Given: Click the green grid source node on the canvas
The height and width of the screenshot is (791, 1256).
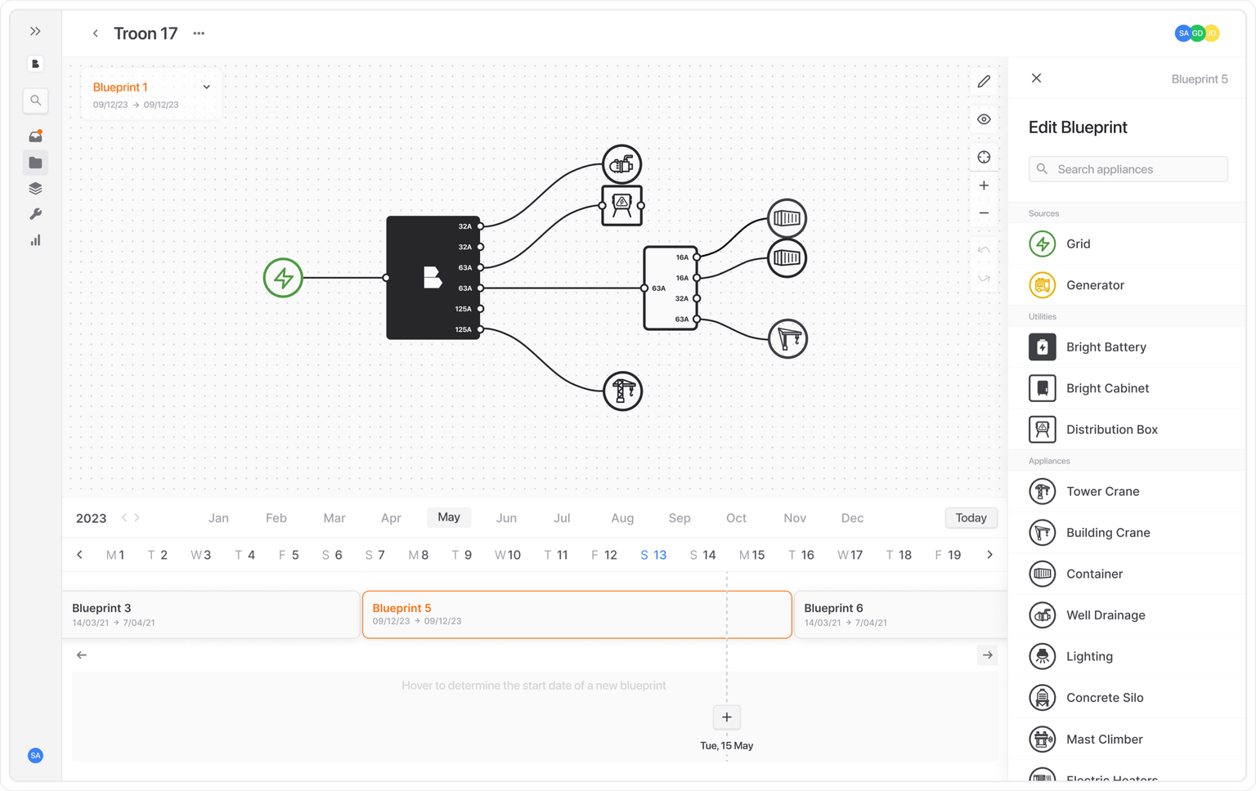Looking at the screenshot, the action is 283,278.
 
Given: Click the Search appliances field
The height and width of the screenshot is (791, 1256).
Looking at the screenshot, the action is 1128,169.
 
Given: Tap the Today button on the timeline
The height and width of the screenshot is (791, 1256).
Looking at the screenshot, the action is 971,517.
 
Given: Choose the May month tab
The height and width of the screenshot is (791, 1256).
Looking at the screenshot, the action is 449,517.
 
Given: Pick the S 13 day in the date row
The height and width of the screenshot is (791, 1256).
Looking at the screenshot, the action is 653,555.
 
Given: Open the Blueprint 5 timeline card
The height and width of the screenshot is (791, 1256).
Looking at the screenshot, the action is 577,614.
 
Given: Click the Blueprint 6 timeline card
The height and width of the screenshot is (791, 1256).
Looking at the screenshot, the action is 901,614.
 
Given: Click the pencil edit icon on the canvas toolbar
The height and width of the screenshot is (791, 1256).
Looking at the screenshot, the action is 984,82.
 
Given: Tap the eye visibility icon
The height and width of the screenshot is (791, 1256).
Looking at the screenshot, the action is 984,119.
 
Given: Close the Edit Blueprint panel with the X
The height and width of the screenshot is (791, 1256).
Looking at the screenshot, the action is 1036,78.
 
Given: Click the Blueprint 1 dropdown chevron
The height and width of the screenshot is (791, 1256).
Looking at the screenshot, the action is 206,87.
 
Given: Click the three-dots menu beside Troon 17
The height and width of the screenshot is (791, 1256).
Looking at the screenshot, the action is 199,34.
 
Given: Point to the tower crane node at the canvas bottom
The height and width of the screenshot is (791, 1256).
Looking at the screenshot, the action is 622,391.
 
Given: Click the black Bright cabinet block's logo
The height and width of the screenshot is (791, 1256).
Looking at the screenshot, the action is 433,277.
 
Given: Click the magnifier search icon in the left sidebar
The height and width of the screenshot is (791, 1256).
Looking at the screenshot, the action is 35,101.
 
